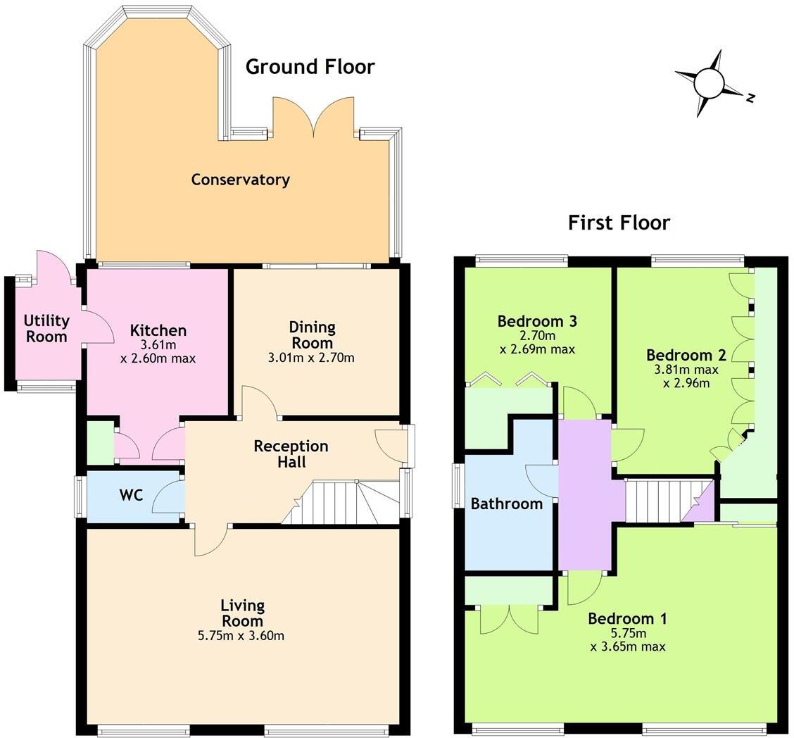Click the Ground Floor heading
310,67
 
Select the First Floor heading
619,223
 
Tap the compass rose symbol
709,83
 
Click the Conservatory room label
240,180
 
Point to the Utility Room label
47,328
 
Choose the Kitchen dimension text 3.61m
158,345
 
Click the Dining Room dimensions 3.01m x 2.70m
312,358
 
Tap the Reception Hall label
291,454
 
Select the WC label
131,495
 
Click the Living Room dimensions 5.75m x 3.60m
242,636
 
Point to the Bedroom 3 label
537,322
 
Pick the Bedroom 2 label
686,355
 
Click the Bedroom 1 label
627,619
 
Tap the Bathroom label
506,504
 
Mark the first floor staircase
658,501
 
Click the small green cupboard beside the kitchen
99,443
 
